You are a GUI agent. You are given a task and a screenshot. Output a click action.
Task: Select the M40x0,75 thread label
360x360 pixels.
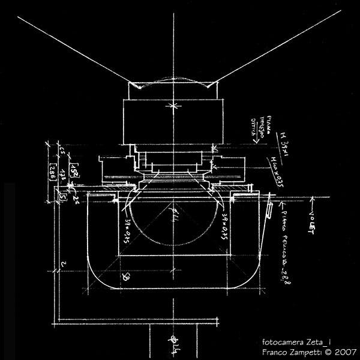pos(277,171)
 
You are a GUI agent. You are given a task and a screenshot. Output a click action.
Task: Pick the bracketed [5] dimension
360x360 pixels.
pos(62,196)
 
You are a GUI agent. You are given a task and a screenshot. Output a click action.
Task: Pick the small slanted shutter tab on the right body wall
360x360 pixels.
pos(269,211)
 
